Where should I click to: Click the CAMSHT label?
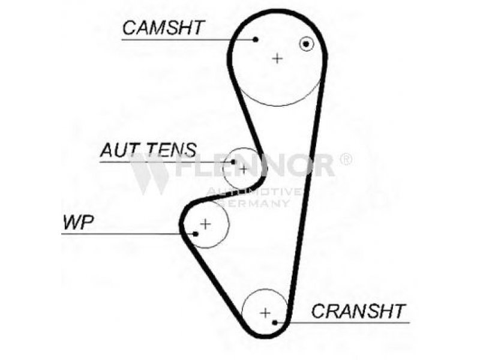(x=163, y=27)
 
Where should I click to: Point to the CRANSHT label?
(x=358, y=311)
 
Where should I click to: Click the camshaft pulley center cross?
(x=277, y=58)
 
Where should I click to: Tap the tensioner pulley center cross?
(x=243, y=170)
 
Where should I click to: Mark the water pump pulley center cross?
(x=205, y=224)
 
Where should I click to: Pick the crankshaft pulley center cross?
(x=265, y=312)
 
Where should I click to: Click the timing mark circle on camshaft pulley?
(x=307, y=44)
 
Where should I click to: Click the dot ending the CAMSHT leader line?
(x=256, y=40)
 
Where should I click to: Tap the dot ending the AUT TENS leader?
(x=233, y=161)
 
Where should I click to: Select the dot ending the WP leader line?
(x=196, y=233)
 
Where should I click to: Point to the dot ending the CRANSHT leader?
(x=275, y=322)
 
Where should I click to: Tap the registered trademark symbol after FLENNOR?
(x=346, y=159)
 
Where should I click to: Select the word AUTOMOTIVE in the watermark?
(x=254, y=192)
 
